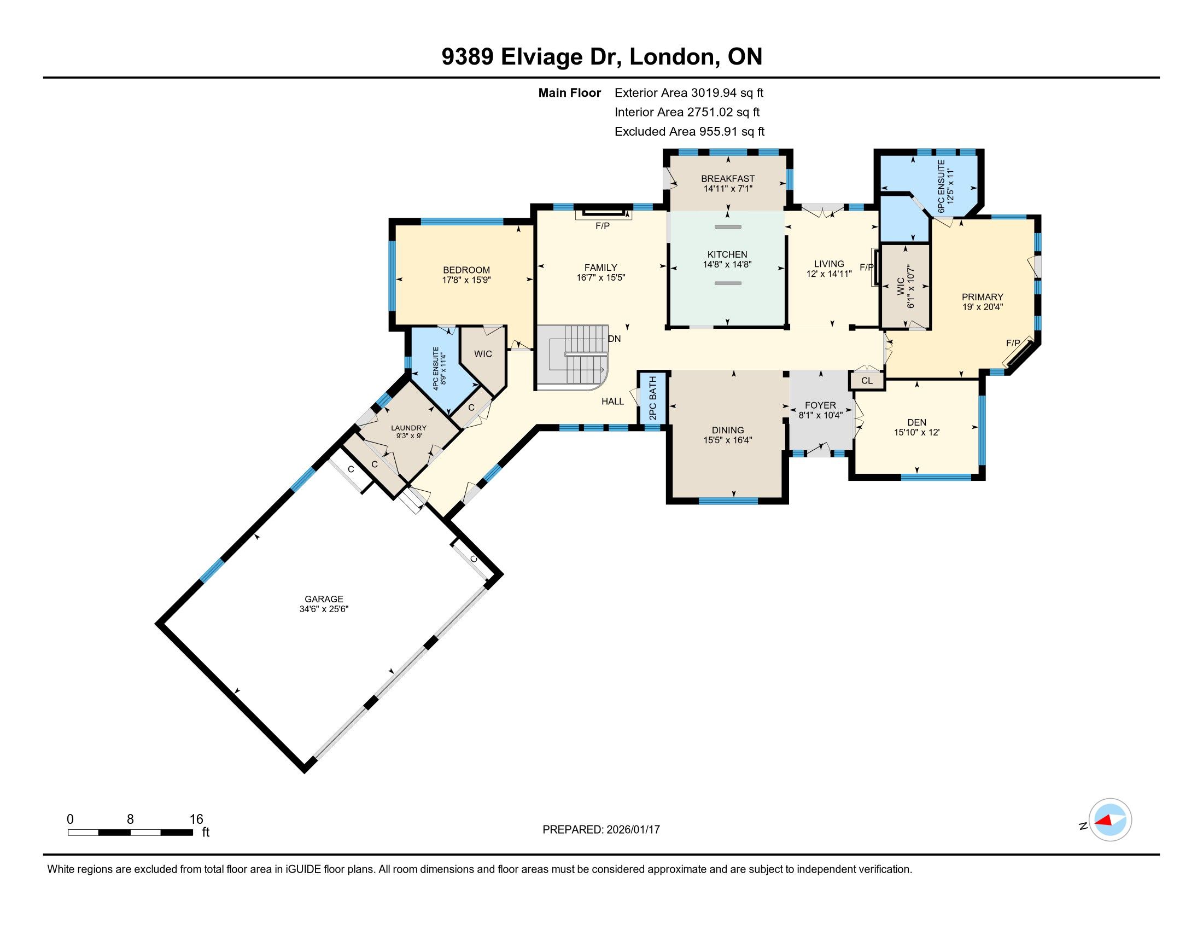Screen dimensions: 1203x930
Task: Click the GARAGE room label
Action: click(324, 599)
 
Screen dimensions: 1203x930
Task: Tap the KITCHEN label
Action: click(727, 254)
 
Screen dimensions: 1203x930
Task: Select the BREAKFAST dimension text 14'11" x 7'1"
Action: click(728, 188)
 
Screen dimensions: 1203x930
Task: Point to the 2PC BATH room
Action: click(653, 398)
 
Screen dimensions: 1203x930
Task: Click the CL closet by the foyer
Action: click(867, 381)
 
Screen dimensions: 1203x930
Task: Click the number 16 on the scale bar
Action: click(196, 819)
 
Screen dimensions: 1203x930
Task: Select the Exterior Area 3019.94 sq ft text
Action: click(689, 92)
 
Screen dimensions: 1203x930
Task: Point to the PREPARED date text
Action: click(601, 830)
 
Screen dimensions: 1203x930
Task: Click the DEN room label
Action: click(916, 422)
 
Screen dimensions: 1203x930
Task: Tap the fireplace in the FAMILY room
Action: click(604, 213)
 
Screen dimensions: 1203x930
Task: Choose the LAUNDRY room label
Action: click(408, 428)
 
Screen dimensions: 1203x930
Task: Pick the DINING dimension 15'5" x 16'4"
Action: click(728, 440)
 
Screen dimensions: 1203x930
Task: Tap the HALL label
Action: click(612, 402)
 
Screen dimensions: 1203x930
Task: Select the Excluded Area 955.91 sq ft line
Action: click(690, 131)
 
